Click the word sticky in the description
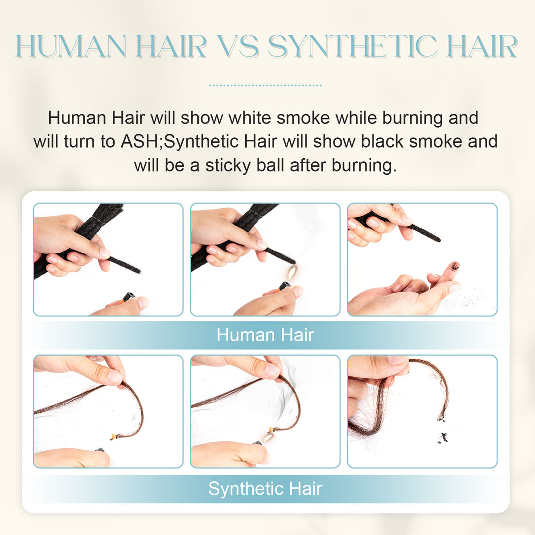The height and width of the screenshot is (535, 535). (227, 165)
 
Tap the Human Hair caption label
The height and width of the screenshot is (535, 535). (265, 335)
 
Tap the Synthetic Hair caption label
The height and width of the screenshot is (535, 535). (265, 489)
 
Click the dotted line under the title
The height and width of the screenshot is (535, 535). (265, 84)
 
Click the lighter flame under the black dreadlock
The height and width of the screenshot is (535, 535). (291, 272)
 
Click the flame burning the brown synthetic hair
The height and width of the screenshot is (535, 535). (267, 436)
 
